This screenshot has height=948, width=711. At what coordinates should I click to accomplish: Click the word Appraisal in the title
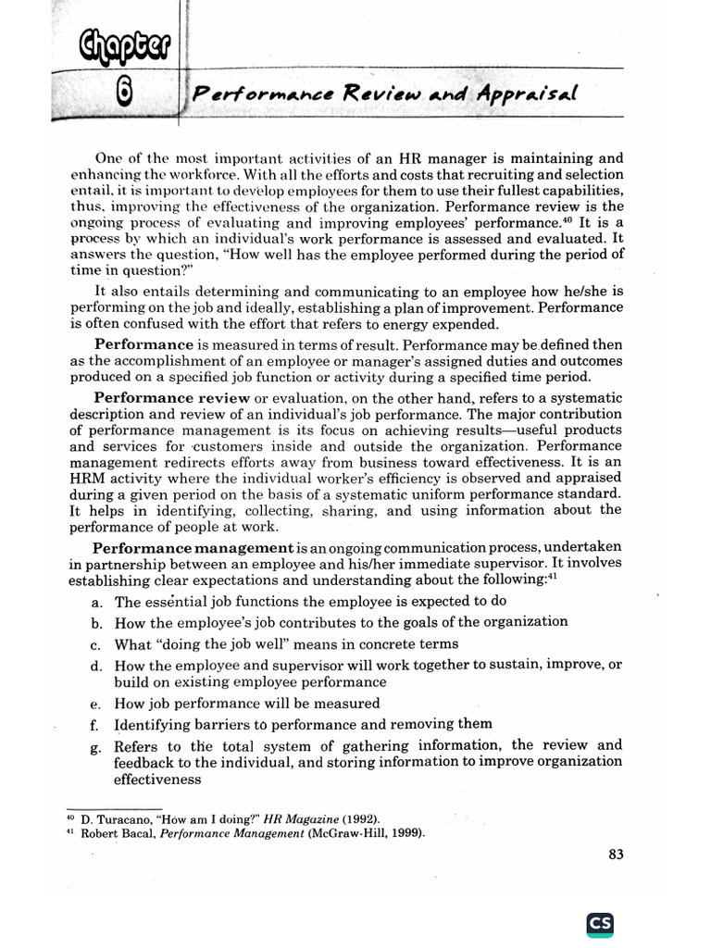526,94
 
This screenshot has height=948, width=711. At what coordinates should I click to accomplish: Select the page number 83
616,854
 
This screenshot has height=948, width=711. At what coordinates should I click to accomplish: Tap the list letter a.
96,602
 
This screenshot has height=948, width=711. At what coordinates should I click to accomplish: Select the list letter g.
96,747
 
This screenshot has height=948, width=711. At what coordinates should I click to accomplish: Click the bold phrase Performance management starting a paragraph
193,547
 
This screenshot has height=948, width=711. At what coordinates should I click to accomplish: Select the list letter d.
96,666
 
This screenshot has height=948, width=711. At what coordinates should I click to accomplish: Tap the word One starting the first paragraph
110,158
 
